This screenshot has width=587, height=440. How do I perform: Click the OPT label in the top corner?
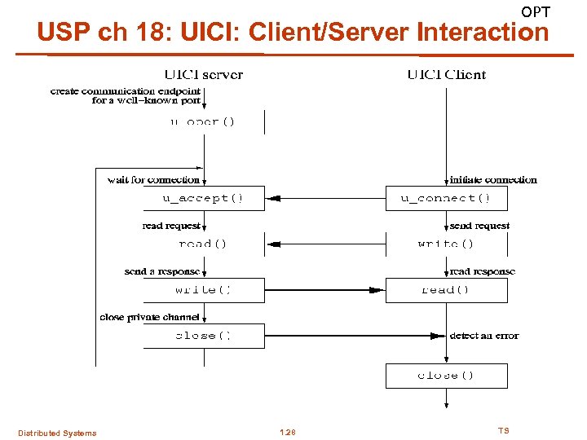536,11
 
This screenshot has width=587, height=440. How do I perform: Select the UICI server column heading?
204,74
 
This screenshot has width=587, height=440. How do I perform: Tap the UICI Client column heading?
446,74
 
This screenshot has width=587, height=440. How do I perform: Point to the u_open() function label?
202,121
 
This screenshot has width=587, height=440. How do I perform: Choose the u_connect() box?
446,198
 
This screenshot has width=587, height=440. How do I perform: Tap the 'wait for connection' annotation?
153,179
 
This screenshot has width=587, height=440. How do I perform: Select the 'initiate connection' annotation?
493,179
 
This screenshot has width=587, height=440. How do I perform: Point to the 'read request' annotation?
171,226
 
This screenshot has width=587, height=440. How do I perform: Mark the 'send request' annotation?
479,226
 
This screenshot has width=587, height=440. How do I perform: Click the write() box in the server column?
203,290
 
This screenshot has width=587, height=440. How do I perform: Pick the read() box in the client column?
446,290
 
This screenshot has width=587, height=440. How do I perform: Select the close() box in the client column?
446,376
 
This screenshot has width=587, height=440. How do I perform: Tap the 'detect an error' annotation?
483,335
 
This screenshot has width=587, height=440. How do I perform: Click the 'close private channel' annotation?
149,317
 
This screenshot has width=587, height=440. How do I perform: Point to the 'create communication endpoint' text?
125,90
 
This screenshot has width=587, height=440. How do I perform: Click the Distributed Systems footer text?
57,433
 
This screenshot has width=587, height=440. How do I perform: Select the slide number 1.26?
287,432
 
